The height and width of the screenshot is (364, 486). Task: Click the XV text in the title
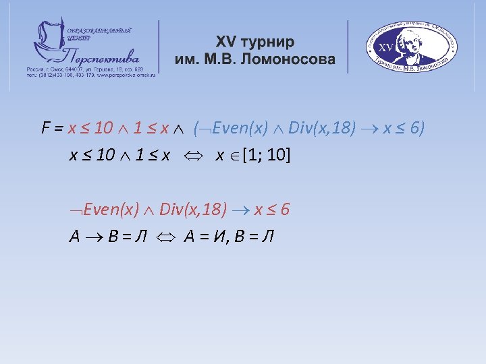click(x=230, y=42)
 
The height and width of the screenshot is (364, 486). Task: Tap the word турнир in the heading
click(x=271, y=42)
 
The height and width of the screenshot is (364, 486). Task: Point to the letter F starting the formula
click(x=46, y=127)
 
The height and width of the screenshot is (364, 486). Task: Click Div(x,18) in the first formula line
click(x=323, y=127)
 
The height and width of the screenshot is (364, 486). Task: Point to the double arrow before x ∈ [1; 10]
click(x=192, y=156)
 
